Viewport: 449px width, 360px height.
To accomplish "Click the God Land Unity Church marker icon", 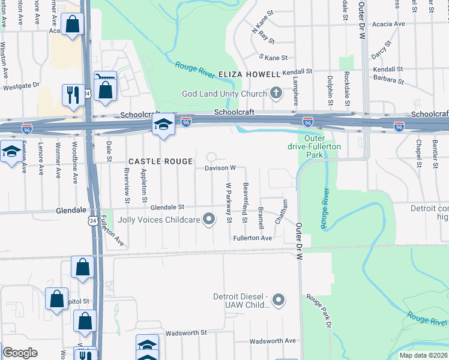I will point(276,93).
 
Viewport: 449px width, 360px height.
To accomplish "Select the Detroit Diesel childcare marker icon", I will point(278,299).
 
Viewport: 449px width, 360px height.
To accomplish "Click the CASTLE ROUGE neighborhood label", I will point(161,161).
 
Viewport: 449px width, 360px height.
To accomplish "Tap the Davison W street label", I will point(219,168).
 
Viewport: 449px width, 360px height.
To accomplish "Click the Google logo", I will point(20,352).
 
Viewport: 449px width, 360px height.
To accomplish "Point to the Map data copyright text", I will point(423,355).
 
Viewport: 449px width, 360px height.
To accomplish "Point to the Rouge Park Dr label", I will point(319,311).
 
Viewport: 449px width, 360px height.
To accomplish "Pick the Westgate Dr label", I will point(21,86).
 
